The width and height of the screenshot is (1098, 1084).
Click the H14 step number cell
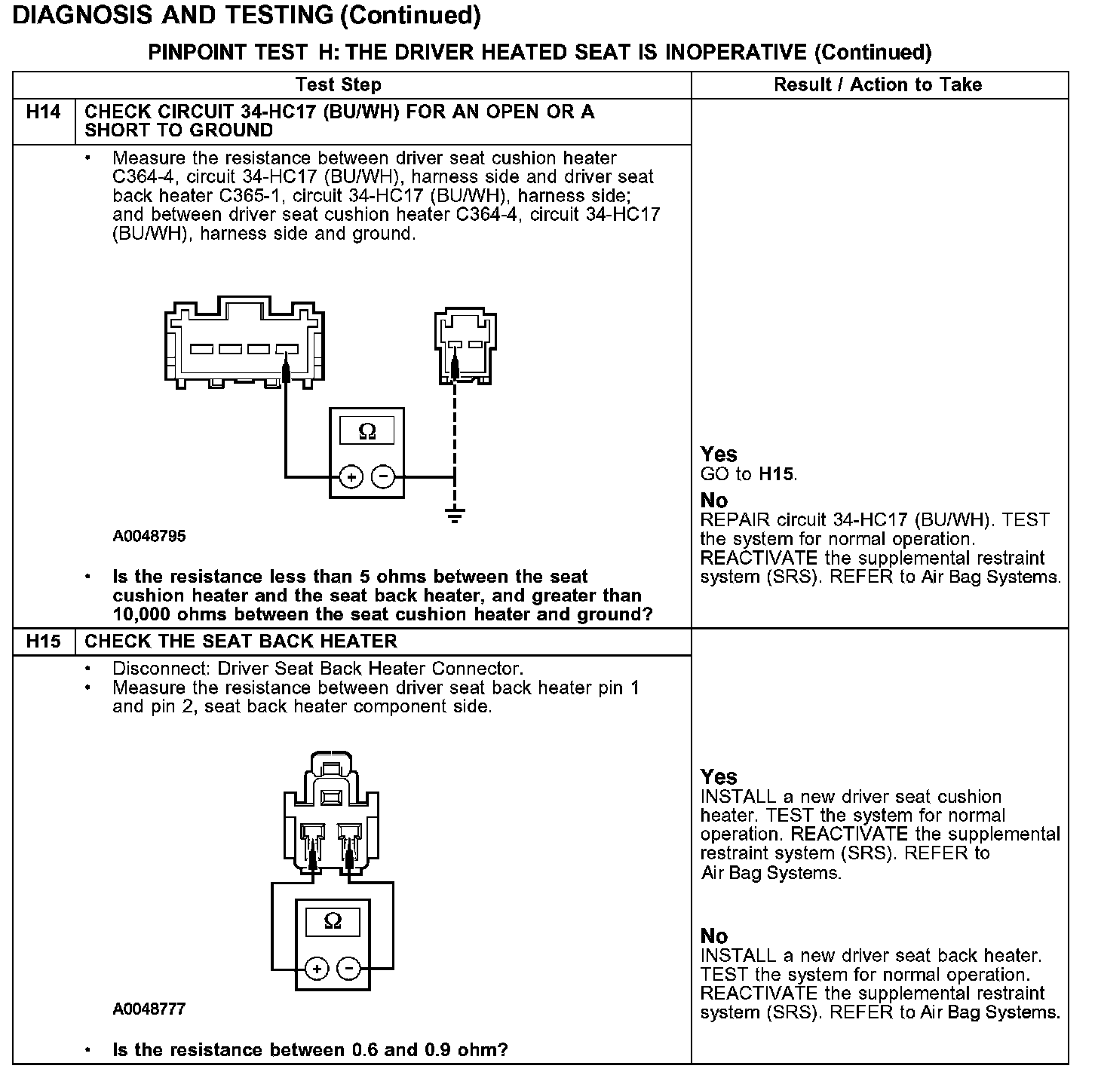click(43, 112)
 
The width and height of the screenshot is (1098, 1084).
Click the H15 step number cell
click(43, 642)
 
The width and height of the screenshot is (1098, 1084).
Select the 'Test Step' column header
click(339, 84)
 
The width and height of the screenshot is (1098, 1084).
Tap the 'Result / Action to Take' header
click(878, 84)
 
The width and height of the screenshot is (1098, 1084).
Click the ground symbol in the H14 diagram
click(454, 516)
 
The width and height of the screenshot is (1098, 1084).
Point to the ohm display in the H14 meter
click(367, 431)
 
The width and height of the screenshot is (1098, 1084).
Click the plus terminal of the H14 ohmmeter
click(351, 476)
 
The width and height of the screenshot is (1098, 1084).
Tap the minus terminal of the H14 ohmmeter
click(382, 476)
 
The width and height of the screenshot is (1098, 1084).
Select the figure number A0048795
click(149, 537)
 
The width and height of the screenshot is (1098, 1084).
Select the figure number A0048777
click(149, 1009)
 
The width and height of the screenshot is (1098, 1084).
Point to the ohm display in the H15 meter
click(333, 921)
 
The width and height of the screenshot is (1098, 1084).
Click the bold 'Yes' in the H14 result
click(719, 454)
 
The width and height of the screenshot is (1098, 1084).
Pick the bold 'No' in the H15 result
click(714, 936)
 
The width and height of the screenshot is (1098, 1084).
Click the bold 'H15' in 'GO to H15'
click(777, 474)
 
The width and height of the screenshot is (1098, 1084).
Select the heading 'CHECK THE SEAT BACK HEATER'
click(241, 642)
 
